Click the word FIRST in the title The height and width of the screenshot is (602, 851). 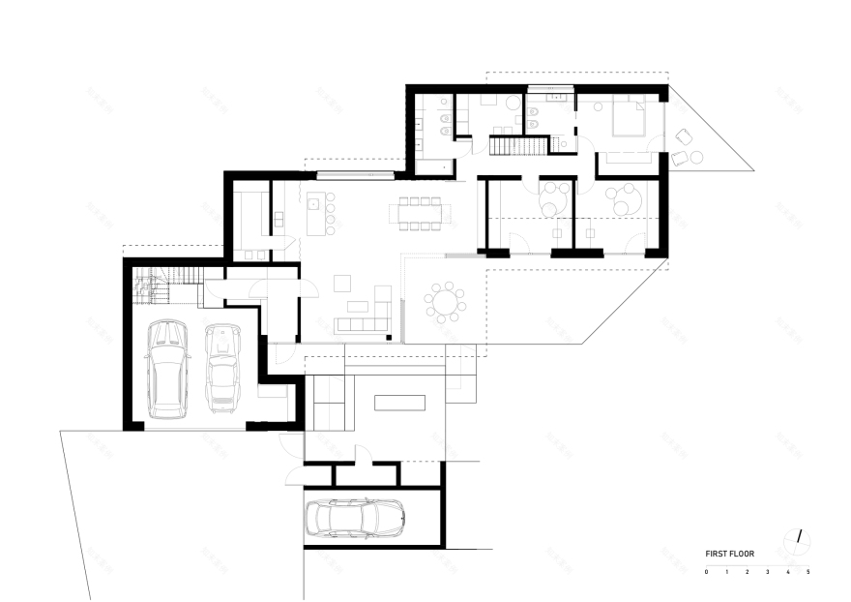(x=717, y=555)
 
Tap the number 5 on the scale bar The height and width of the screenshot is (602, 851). (x=808, y=573)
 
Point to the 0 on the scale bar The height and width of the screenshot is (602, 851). (x=707, y=573)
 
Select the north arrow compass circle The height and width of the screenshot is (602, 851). (x=799, y=538)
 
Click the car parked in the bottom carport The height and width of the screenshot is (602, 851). (x=355, y=518)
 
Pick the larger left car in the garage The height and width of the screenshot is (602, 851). (x=167, y=369)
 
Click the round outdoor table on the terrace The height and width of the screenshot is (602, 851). (x=446, y=303)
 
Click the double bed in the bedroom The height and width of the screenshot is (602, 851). (x=623, y=121)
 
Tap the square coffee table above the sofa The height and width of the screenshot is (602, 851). (x=341, y=282)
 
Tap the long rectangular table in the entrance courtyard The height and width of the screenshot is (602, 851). (x=398, y=402)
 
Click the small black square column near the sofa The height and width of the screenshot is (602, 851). (x=389, y=338)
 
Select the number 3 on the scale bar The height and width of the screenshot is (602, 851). (x=768, y=573)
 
